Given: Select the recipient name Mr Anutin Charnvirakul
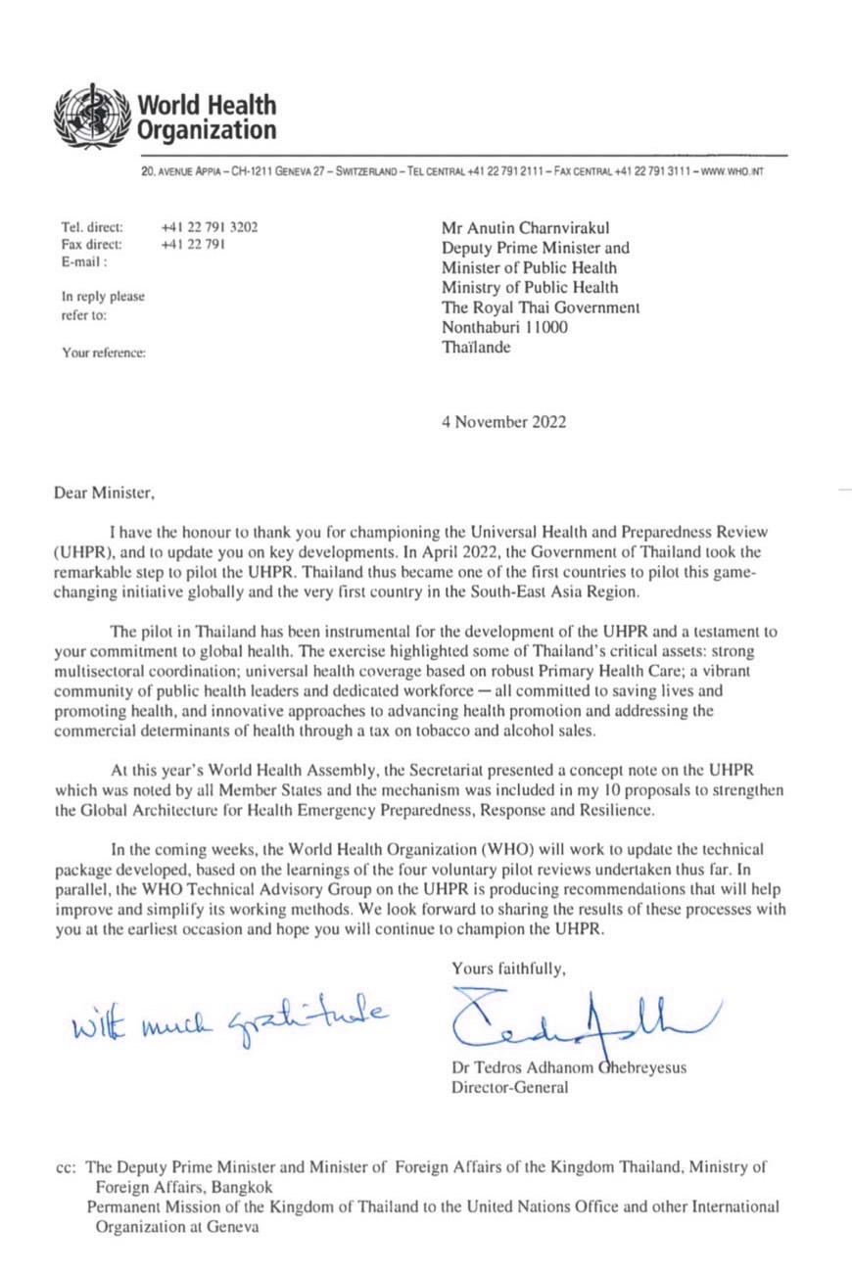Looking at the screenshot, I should pyautogui.click(x=524, y=228).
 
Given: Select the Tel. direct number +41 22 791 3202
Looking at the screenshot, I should pyautogui.click(x=210, y=228).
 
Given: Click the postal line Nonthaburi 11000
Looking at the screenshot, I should pyautogui.click(x=504, y=328).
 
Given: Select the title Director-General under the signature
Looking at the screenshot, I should pyautogui.click(x=508, y=1087).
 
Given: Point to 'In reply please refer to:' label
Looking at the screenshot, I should pyautogui.click(x=102, y=306).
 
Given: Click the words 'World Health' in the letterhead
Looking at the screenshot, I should pyautogui.click(x=207, y=106).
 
